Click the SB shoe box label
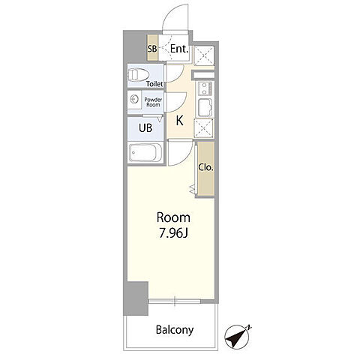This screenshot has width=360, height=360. coord(152,49)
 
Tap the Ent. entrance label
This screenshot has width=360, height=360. coord(179,49)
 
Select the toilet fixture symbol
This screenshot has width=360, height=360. coord(138,74)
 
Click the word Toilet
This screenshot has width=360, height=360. coord(154,84)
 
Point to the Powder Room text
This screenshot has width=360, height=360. coord(153,102)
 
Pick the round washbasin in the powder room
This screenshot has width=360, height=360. coord(134,100)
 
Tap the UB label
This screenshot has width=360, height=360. coord(145,128)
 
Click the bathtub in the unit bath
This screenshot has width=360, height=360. coord(145,153)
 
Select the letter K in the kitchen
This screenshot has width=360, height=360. coord(180,121)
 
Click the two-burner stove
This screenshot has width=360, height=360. coord(204,88)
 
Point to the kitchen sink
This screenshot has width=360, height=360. coord(205,108)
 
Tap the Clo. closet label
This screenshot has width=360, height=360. coord(206,167)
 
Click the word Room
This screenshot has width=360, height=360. coord(173,217)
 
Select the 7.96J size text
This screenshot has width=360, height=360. coord(173,234)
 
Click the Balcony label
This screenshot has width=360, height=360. coord(175,330)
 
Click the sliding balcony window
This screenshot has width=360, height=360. coord(175,301)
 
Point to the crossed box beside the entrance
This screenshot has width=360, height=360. coord(204,55)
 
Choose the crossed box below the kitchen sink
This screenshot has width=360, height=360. coord(204,128)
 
